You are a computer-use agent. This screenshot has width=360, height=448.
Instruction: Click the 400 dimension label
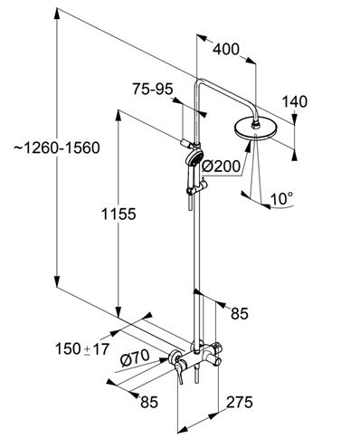[x=226, y=49]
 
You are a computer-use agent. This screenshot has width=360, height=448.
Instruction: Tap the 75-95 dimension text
[x=153, y=89]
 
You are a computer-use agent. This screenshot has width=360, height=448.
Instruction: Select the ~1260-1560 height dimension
[x=57, y=148]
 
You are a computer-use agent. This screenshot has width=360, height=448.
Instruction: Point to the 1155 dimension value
[x=118, y=214]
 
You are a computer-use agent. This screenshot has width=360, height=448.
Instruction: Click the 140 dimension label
[x=295, y=101]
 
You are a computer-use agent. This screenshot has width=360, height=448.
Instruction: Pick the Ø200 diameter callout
[x=221, y=166]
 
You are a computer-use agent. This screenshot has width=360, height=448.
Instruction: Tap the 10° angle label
[x=281, y=199]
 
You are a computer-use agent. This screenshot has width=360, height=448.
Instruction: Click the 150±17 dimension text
[x=82, y=349]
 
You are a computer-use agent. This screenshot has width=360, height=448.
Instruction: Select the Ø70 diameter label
[x=135, y=357]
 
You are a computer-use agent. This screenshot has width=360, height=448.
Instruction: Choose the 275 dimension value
[x=240, y=402]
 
